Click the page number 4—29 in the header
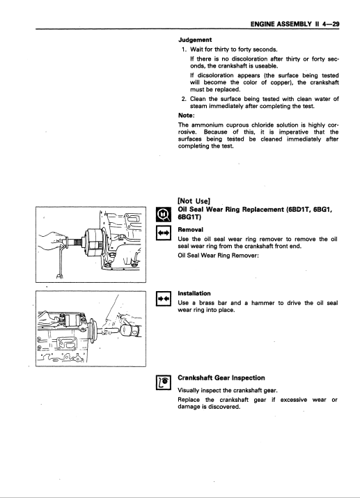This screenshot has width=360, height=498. [331, 24]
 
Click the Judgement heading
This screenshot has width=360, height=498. [194, 40]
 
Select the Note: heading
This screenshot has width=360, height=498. [186, 115]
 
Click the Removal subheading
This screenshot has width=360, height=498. [191, 229]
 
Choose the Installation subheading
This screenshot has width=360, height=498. [194, 293]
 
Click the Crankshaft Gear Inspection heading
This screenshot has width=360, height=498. [221, 378]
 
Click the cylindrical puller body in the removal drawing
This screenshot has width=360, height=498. [93, 242]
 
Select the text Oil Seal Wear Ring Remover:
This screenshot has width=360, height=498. [218, 256]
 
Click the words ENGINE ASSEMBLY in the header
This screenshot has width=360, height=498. [281, 24]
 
